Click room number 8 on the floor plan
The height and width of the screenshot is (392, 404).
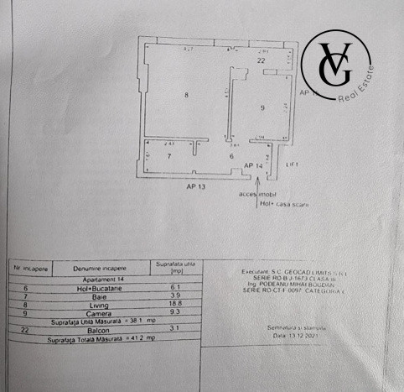[186, 95]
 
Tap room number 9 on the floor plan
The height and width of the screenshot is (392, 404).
[262, 107]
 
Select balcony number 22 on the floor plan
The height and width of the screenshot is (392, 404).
[262, 61]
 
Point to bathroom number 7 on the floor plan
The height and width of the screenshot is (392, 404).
[168, 156]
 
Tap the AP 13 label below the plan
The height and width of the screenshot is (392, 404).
[197, 187]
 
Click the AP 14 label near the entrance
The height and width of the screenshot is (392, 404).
[253, 166]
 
